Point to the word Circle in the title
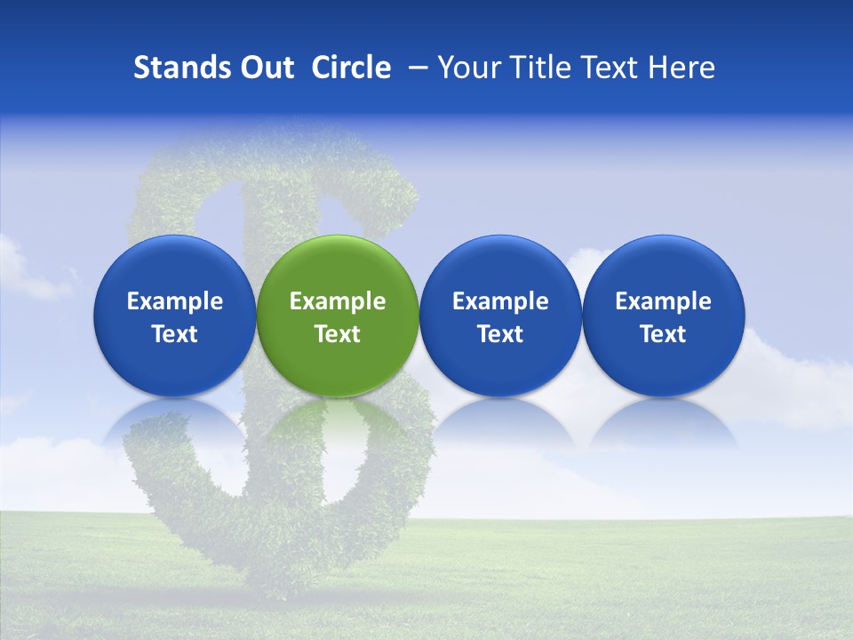[x=351, y=68]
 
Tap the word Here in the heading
[x=681, y=68]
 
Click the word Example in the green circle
[x=338, y=301]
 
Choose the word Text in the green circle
[x=338, y=334]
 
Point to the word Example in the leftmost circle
[x=174, y=301]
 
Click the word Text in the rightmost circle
[x=663, y=334]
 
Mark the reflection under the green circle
[x=338, y=422]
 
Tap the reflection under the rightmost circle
[x=663, y=422]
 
